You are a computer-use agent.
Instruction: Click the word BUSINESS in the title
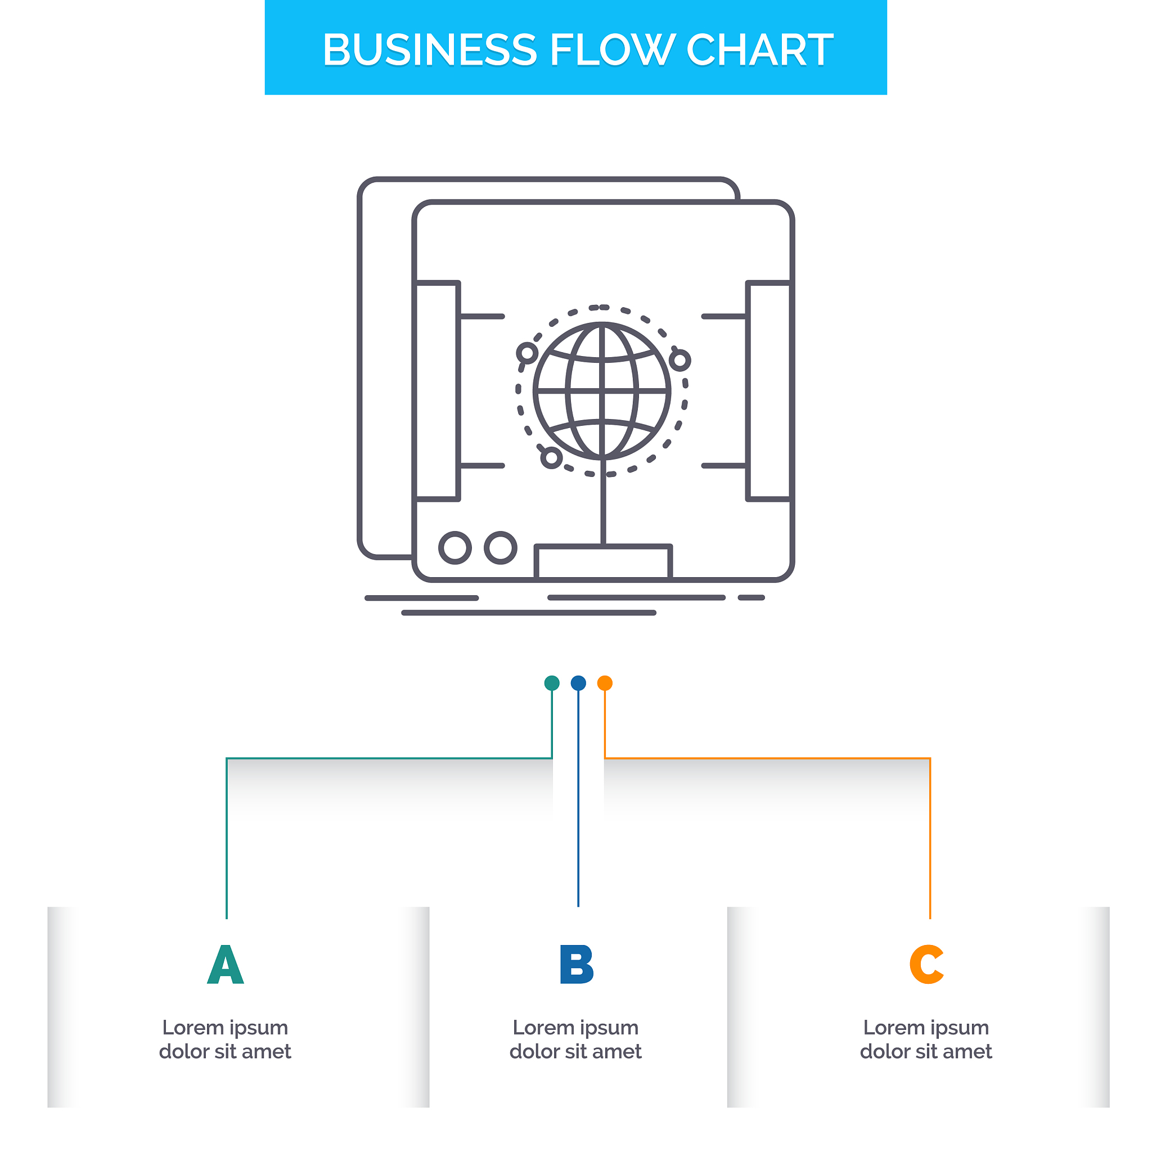pyautogui.click(x=430, y=49)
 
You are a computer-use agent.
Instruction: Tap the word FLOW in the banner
pyautogui.click(x=612, y=49)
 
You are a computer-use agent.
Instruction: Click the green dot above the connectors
pyautogui.click(x=552, y=683)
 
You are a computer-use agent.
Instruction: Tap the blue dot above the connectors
pyautogui.click(x=578, y=683)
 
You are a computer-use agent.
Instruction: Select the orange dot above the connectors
pyautogui.click(x=605, y=683)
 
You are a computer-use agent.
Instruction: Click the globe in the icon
pyautogui.click(x=602, y=391)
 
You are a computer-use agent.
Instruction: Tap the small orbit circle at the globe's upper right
pyautogui.click(x=679, y=360)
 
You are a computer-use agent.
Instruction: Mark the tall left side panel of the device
pyautogui.click(x=437, y=391)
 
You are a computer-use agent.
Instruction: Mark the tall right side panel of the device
pyautogui.click(x=769, y=391)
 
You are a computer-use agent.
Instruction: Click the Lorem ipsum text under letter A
pyautogui.click(x=226, y=1039)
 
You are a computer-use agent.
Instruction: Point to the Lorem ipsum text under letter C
pyautogui.click(x=926, y=1039)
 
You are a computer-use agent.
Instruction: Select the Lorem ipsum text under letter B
pyautogui.click(x=576, y=1039)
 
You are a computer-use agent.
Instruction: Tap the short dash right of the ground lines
pyautogui.click(x=751, y=597)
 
